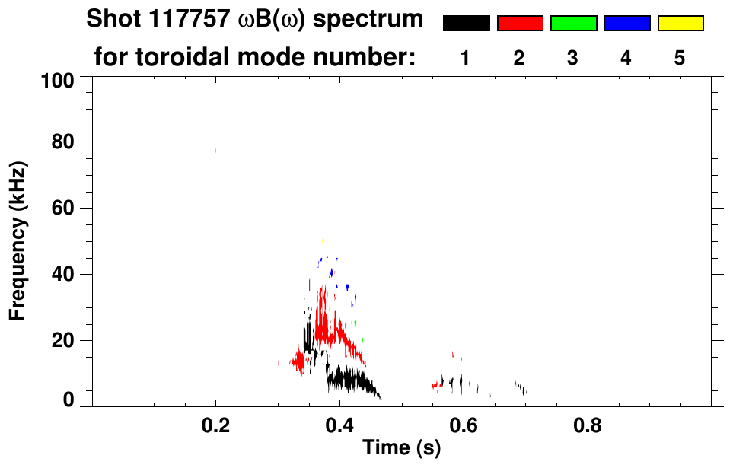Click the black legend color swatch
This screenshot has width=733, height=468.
(466, 24)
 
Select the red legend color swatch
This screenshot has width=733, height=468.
(520, 24)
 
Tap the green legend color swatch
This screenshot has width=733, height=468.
(573, 24)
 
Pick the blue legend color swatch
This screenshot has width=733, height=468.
(626, 24)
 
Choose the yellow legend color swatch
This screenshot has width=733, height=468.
(680, 24)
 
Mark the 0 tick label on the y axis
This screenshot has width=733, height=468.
(69, 400)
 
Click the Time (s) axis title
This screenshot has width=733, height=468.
(401, 448)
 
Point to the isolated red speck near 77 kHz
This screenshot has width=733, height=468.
(215, 152)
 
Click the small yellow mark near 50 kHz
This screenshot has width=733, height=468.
(323, 240)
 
